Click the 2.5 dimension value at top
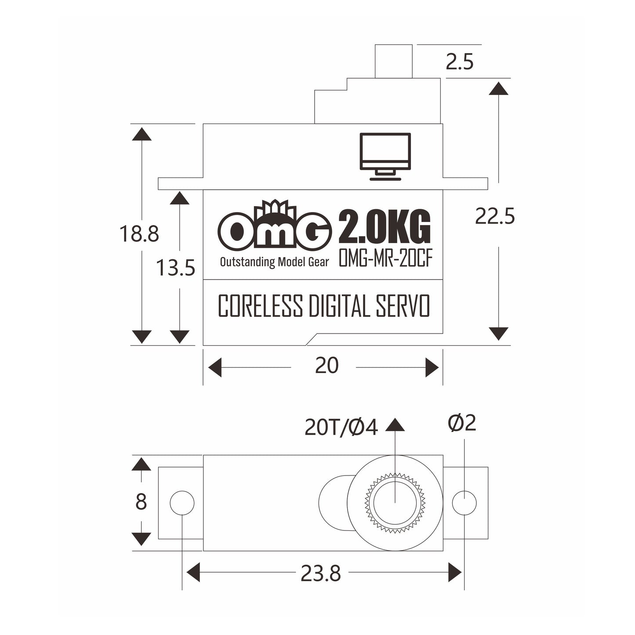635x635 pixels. (x=459, y=62)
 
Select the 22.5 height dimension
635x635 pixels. (x=494, y=217)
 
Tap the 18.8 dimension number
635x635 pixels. (x=139, y=234)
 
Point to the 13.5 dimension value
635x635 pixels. (x=176, y=268)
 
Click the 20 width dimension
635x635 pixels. (x=327, y=366)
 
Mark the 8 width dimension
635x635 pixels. (x=141, y=502)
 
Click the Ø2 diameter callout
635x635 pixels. (x=462, y=423)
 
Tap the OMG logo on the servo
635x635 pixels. (x=275, y=229)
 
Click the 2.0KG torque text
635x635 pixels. (x=384, y=229)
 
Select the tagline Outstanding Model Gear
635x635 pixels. (x=274, y=262)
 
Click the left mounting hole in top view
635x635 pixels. (x=182, y=502)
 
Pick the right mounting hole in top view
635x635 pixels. (x=464, y=502)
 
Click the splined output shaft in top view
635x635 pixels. (x=395, y=502)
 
